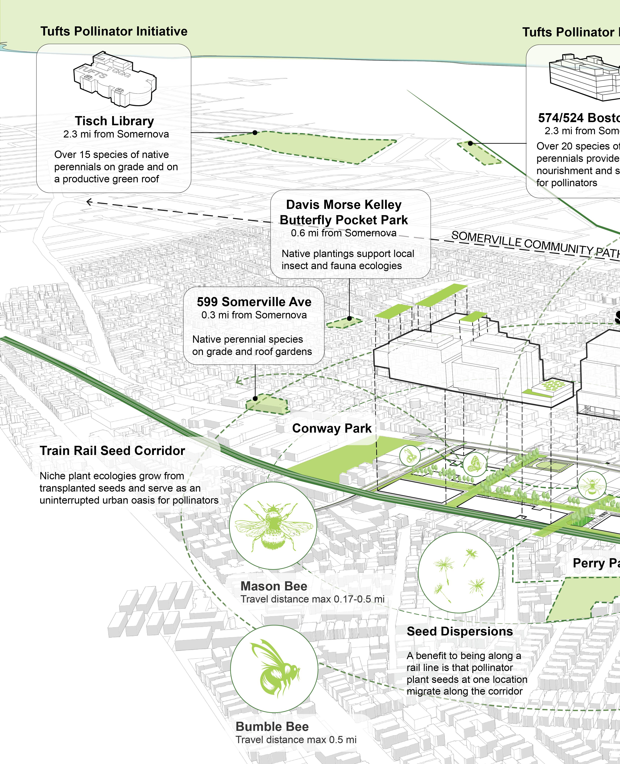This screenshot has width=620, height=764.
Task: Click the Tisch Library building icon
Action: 114,79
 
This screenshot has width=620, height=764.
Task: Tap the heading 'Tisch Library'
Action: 114,121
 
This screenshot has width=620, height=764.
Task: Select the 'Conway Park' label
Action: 332,428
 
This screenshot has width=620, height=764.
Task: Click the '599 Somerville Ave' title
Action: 254,302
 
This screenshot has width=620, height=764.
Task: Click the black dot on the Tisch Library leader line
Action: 255,132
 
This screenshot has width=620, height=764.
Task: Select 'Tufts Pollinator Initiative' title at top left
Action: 114,31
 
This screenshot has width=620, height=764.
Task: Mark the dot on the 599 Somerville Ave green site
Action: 255,398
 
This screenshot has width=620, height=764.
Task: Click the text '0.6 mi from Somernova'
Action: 344,233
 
